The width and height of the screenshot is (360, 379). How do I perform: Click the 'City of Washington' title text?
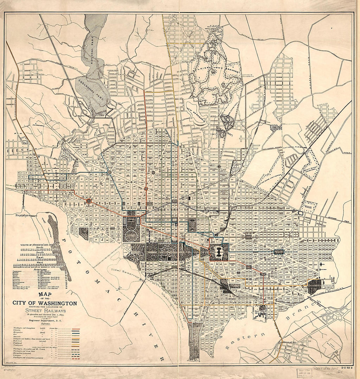44,303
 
